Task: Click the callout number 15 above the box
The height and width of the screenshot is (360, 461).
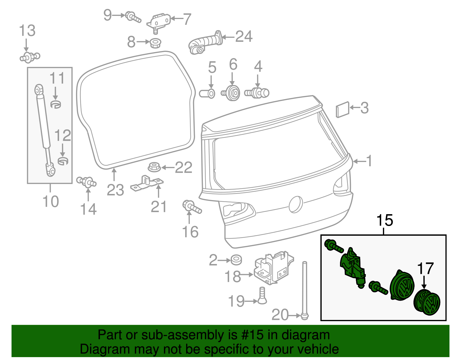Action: (x=385, y=220)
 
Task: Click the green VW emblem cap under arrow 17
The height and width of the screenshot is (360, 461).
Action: (x=427, y=303)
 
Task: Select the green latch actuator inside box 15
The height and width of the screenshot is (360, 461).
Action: (x=353, y=267)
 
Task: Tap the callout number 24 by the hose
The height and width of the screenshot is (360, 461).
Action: (x=244, y=37)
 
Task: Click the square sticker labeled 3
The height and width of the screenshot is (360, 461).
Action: (x=343, y=110)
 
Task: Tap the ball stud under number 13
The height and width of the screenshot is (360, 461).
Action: (x=30, y=57)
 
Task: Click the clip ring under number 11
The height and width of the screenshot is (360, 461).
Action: (x=56, y=104)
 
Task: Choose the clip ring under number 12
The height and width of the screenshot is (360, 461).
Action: (x=63, y=161)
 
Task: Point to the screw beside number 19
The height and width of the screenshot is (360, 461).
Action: (x=262, y=296)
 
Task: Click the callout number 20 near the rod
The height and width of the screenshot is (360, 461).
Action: (x=280, y=315)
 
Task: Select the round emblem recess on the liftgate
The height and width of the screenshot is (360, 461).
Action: (x=296, y=204)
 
